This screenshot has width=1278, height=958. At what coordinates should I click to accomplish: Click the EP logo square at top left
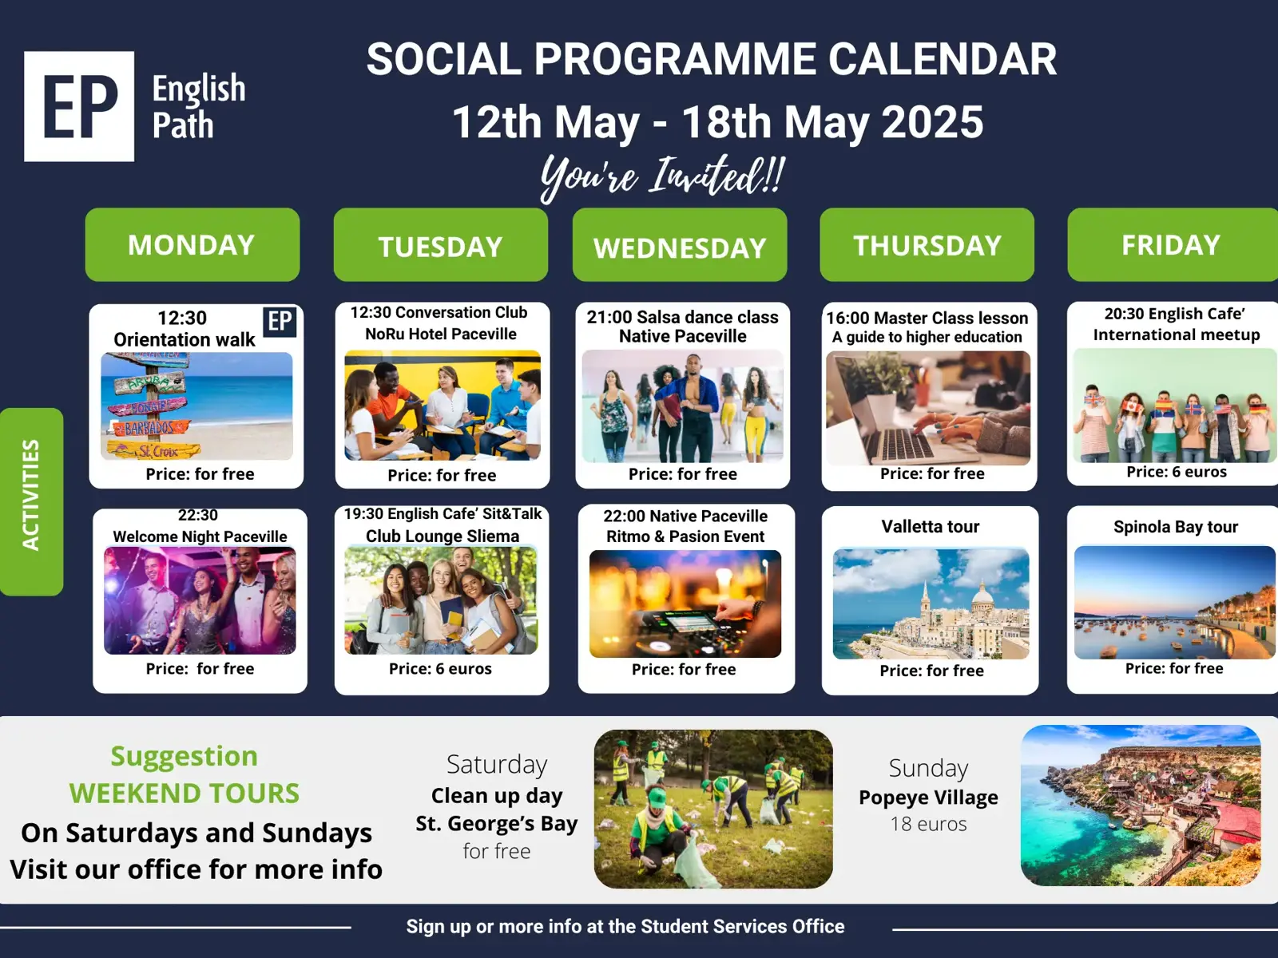coord(79,106)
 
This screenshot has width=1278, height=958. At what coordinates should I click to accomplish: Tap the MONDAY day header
coord(192,245)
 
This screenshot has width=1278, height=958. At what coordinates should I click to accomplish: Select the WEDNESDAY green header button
coord(680,245)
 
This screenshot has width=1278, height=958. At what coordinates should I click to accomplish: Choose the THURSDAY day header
coord(927,245)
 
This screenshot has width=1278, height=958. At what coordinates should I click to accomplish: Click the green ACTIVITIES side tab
coord(31,501)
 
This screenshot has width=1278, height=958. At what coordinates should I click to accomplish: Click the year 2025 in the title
coord(933,122)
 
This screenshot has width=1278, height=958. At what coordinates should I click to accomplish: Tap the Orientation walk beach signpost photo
coord(196,406)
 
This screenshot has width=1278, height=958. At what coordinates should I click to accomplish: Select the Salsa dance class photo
coord(682,406)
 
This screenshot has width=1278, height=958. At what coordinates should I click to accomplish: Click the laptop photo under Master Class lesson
coord(928,408)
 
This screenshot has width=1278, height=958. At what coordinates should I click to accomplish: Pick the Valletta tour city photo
coord(931,604)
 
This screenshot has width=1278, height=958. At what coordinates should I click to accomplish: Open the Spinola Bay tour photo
coord(1175,602)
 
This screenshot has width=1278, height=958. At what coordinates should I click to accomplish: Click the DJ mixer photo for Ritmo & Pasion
coord(685,604)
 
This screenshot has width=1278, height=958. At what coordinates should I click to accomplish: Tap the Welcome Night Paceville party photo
coord(200,600)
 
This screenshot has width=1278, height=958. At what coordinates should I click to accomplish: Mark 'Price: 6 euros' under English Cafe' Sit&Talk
coord(440,669)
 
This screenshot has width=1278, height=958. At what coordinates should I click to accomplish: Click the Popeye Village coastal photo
coord(1141,806)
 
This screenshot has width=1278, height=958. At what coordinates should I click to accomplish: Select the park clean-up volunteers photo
coord(713,809)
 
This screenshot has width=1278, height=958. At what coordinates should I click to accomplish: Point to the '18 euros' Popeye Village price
coord(928,824)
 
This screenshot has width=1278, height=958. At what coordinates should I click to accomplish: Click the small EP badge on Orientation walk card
coord(280,322)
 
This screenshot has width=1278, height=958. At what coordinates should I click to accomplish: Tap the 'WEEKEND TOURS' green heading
coord(184,794)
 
